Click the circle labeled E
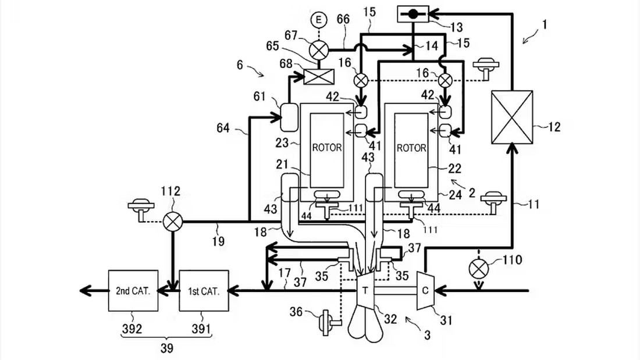click(x=319, y=20)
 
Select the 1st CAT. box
click(x=204, y=291)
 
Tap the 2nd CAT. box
click(x=133, y=291)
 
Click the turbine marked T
click(x=366, y=291)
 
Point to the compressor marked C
click(x=425, y=291)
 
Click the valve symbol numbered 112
click(x=173, y=222)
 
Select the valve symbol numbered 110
click(x=478, y=269)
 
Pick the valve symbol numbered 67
click(x=319, y=50)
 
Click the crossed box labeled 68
click(x=319, y=77)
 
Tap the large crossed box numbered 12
click(x=512, y=117)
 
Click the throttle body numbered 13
click(x=413, y=15)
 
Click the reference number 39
click(x=167, y=348)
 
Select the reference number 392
click(x=132, y=328)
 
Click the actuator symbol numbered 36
click(x=329, y=322)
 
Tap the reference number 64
click(x=223, y=128)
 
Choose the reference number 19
click(x=218, y=241)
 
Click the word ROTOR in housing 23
click(x=327, y=147)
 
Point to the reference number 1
click(x=543, y=24)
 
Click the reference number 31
click(x=446, y=320)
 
